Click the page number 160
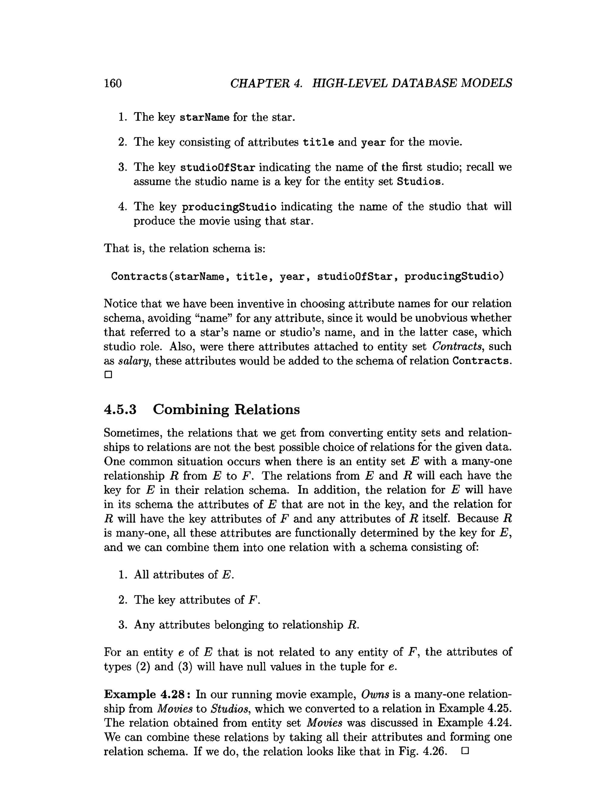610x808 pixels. (113, 83)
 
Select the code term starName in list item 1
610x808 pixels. (205, 118)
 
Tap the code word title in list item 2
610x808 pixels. (318, 142)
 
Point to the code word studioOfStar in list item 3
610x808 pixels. (218, 168)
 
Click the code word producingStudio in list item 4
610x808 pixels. (229, 207)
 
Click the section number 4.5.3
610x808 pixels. (120, 410)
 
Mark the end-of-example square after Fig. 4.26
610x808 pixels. (465, 751)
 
